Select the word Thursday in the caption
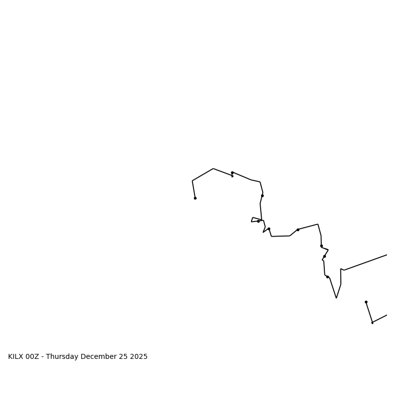coord(62,357)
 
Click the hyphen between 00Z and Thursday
coord(43,357)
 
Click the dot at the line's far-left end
coord(195,198)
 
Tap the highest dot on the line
coord(232,172)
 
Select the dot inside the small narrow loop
coord(258,221)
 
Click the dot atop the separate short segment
coord(366,302)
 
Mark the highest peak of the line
coord(213,168)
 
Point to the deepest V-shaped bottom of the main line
coord(336,298)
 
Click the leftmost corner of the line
coord(192,181)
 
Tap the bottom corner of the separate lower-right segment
coord(372,322)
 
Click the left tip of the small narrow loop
coord(252,221)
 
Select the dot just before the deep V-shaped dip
coord(327,277)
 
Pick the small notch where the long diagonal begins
coord(341,269)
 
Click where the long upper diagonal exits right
coord(386,255)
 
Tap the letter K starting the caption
coord(10,357)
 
